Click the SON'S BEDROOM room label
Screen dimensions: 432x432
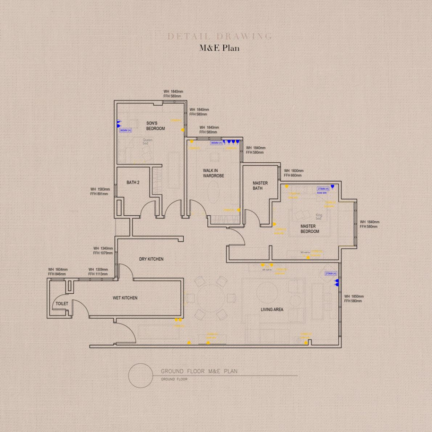coord(155,126)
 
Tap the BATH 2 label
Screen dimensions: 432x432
coord(133,183)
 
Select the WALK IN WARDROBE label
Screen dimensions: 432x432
coord(213,173)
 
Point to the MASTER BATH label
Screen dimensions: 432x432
coord(260,186)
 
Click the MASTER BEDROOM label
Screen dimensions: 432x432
coord(310,229)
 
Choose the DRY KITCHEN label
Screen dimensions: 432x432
coord(151,259)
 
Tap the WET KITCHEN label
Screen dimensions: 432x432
coord(125,298)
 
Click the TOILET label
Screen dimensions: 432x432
coord(62,303)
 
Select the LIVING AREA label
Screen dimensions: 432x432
coord(272,310)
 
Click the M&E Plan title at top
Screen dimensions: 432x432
coord(219,48)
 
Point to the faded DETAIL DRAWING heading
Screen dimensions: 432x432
coord(220,36)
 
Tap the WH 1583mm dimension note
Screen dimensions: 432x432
coord(100,192)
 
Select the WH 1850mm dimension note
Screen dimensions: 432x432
coord(354,299)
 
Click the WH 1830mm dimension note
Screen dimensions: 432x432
coord(293,173)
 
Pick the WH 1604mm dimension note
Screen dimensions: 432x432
coord(58,272)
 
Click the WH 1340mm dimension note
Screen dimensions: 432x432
coord(103,251)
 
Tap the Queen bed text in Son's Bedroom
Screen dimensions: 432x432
coord(147,142)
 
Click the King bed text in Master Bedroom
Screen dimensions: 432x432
coord(319,217)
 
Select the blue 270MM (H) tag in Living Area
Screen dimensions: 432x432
coord(330,274)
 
